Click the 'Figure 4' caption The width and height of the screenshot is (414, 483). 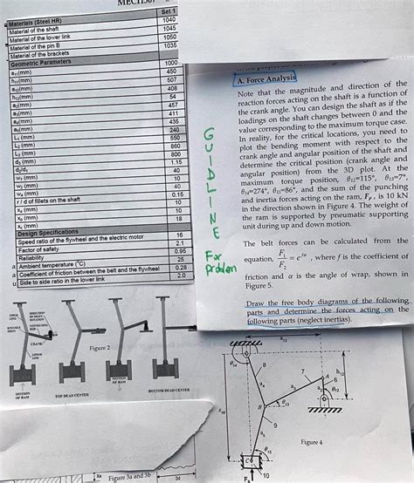point(312,442)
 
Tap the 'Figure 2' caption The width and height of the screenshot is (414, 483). point(100,347)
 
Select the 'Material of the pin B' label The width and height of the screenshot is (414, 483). point(39,48)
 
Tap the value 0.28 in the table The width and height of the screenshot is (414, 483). point(182,268)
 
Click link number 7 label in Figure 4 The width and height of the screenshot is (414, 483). point(302,371)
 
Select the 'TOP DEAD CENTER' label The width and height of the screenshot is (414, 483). point(72,395)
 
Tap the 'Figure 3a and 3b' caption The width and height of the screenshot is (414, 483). point(129,477)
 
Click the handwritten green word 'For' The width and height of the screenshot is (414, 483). point(213,258)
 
